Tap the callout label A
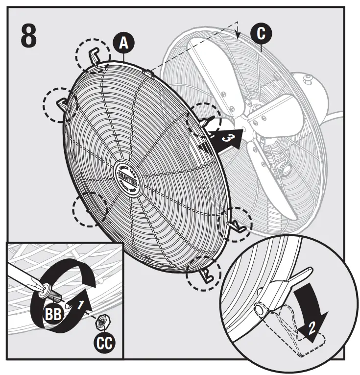point(123,44)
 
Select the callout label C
point(261,33)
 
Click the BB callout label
point(52,314)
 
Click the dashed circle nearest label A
point(93,55)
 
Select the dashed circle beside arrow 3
point(205,120)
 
